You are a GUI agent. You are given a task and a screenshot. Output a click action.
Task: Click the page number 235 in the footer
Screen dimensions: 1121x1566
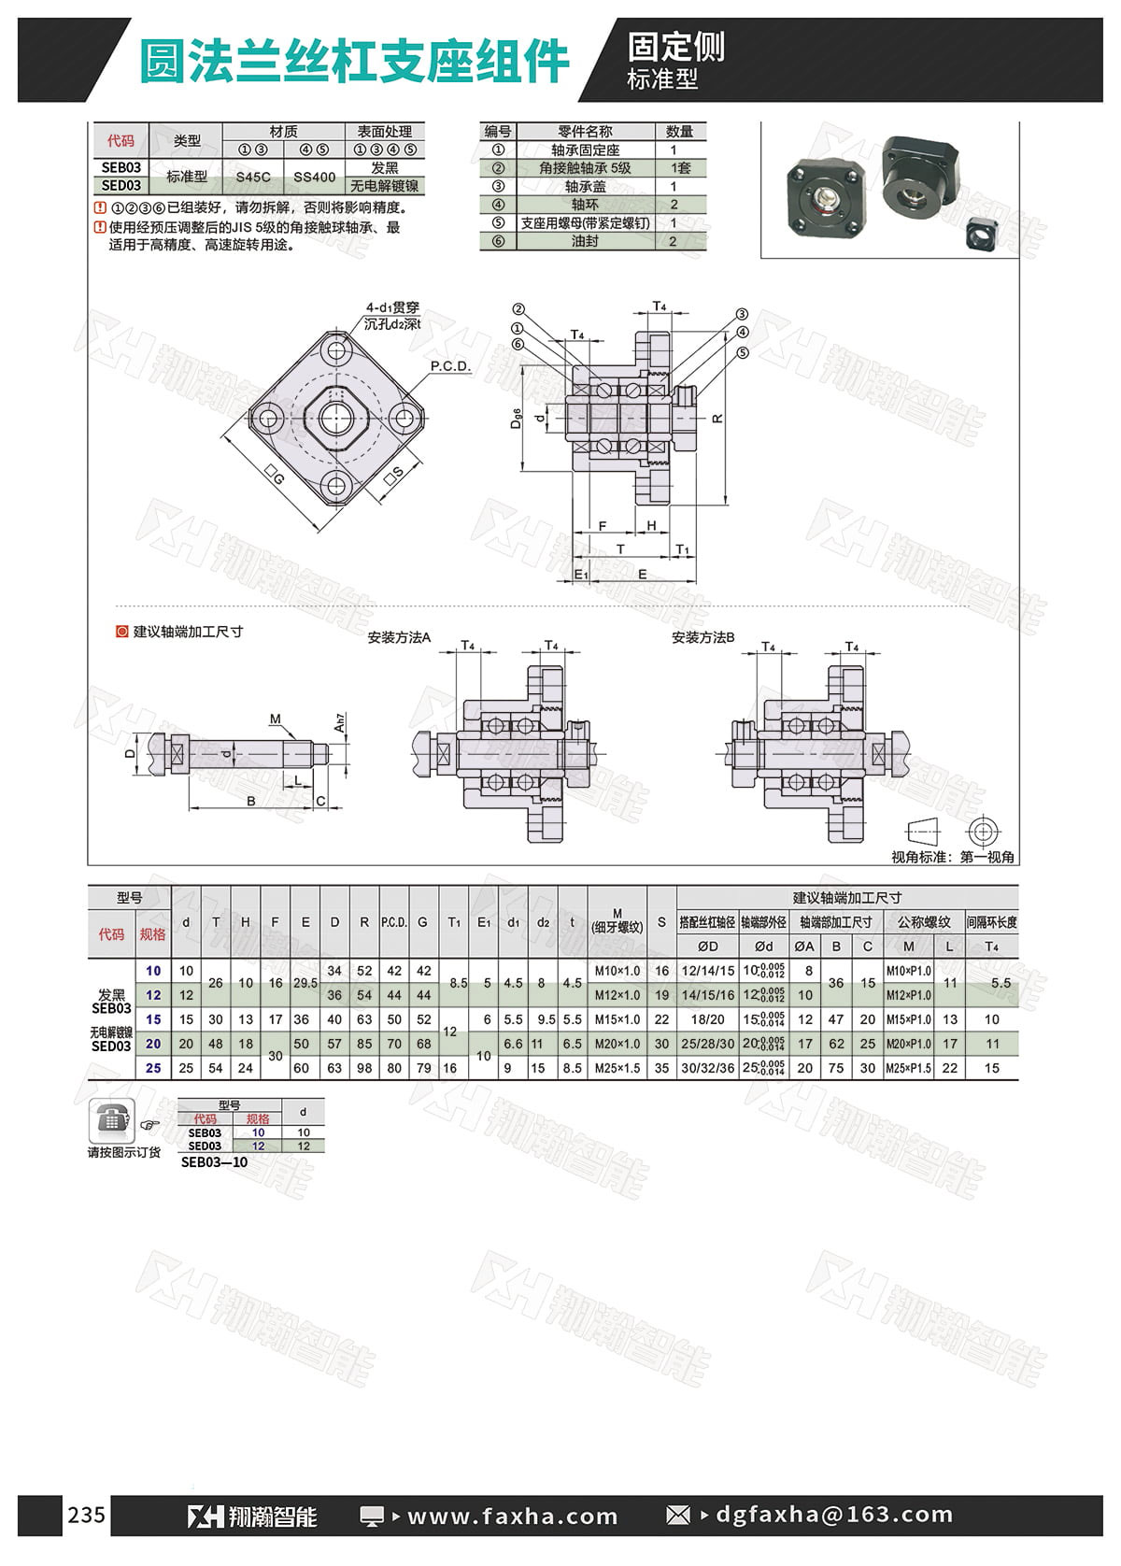pos(87,1515)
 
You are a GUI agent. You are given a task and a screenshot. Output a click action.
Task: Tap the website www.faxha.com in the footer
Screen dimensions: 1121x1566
pos(512,1516)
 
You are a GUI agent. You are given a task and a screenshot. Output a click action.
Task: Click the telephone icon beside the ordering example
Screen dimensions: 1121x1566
pos(111,1120)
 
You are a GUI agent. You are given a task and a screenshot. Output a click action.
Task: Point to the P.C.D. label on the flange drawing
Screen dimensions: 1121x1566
pos(450,366)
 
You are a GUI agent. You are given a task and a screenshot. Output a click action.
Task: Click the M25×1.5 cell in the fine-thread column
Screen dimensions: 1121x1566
pos(617,1068)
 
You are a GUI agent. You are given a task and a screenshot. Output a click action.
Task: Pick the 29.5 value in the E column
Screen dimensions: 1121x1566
pos(305,982)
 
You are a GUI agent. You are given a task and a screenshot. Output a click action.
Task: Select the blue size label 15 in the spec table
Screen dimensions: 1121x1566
pos(153,1019)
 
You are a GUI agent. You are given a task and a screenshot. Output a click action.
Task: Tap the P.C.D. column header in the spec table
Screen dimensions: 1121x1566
pos(394,922)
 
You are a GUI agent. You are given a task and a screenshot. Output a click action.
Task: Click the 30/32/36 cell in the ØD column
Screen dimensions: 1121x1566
pos(707,1068)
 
